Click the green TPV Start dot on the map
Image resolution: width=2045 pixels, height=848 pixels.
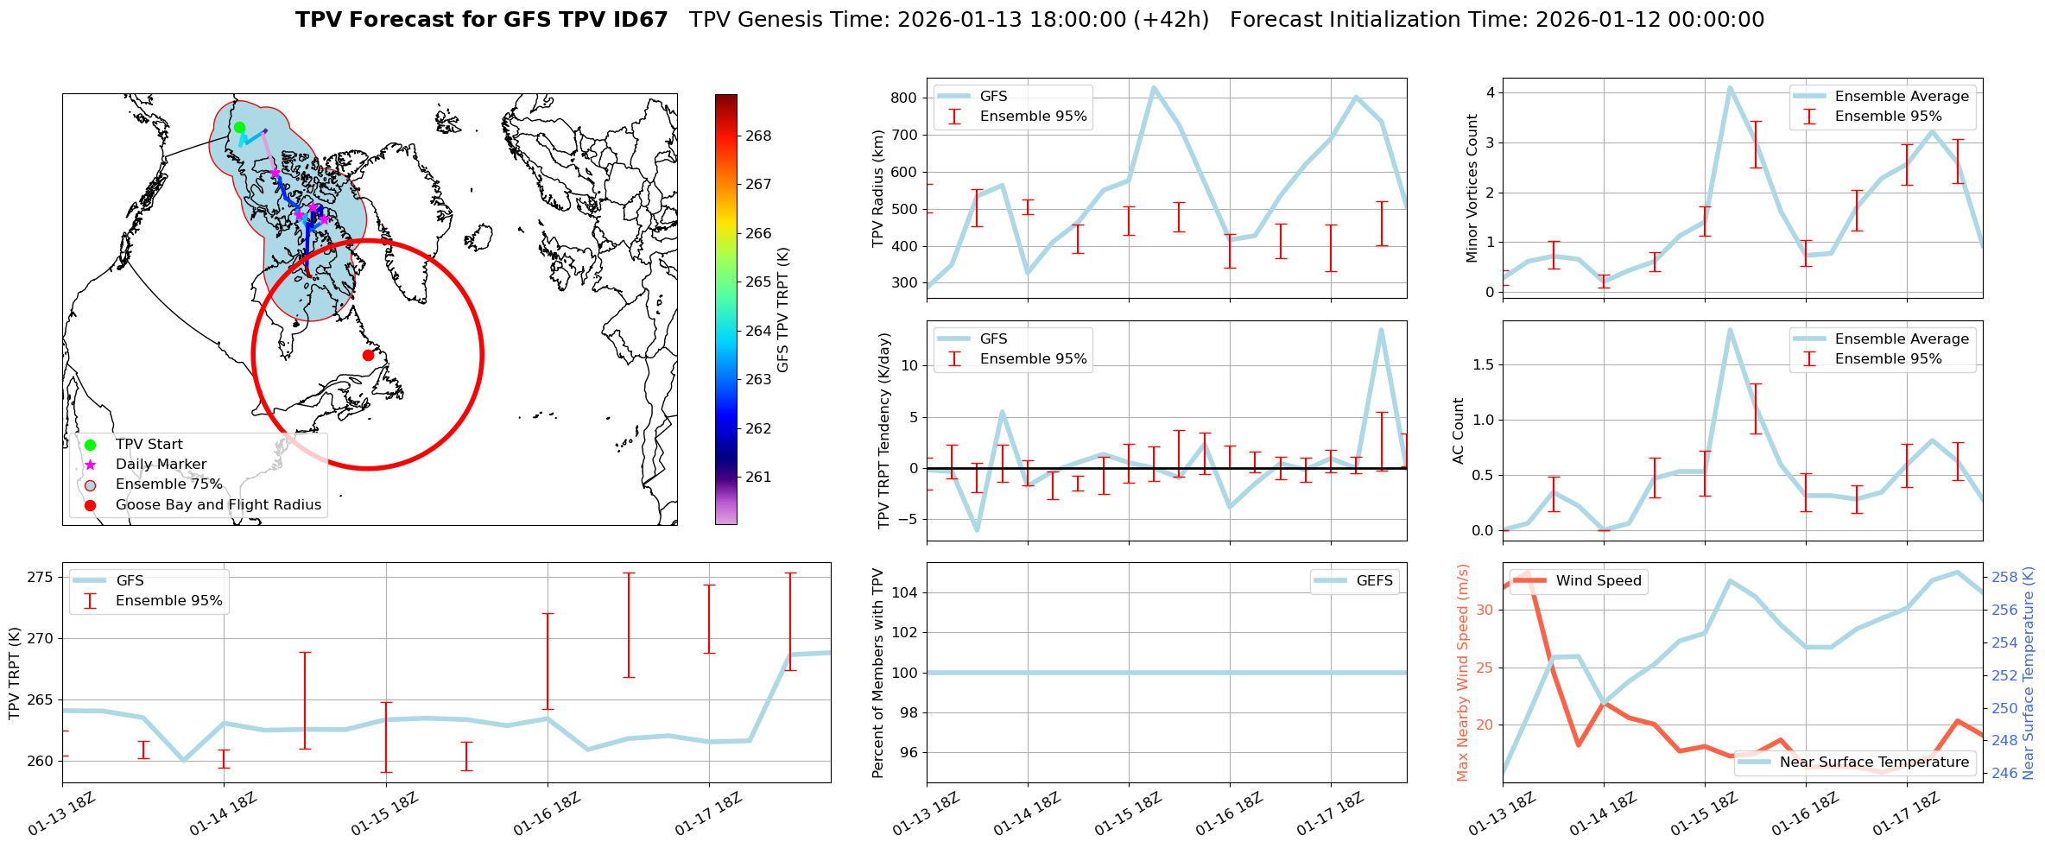(x=239, y=128)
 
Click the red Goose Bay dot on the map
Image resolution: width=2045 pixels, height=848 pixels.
(x=368, y=355)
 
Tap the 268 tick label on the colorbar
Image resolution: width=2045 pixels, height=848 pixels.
(x=758, y=136)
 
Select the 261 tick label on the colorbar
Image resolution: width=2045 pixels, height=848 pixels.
(x=758, y=477)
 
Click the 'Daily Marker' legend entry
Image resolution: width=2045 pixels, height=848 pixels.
(x=161, y=465)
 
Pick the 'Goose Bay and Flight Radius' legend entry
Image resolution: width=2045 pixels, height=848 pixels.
(x=218, y=505)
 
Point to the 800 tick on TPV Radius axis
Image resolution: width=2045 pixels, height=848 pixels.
(x=904, y=98)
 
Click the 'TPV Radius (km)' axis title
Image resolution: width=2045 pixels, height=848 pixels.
(x=878, y=188)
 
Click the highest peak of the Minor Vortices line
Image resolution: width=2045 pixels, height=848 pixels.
(x=1730, y=87)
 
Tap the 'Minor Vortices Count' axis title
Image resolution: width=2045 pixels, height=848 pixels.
(x=1472, y=188)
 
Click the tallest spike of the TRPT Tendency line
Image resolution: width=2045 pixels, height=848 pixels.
(x=1381, y=330)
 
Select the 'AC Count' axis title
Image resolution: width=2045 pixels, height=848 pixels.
(x=1459, y=431)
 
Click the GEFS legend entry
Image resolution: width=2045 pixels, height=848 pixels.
(x=1374, y=581)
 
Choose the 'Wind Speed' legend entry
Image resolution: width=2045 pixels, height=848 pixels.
(x=1598, y=581)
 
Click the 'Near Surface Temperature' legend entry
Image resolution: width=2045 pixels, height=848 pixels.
(x=1874, y=763)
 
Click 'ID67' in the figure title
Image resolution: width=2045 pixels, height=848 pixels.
(x=636, y=20)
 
